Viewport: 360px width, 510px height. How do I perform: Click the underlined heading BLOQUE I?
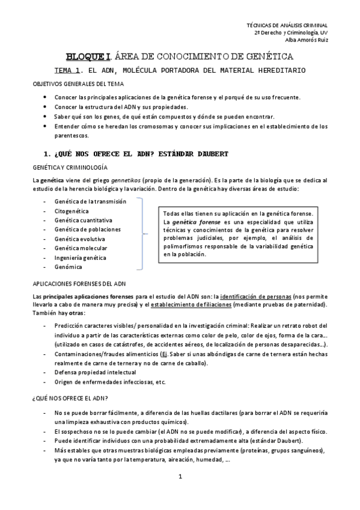(88, 57)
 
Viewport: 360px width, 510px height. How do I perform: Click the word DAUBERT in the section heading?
(210, 154)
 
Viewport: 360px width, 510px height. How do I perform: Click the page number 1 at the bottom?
(180, 477)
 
